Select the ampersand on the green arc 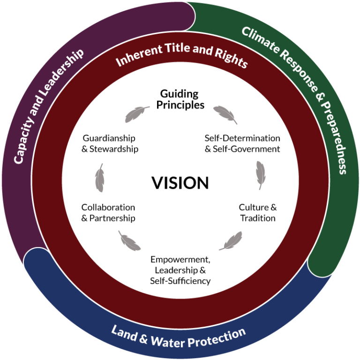pyautogui.click(x=319, y=101)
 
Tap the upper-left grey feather pyautogui.click(x=136, y=114)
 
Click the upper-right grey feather pyautogui.click(x=225, y=114)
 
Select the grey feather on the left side pyautogui.click(x=99, y=178)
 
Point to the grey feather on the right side pyautogui.click(x=261, y=175)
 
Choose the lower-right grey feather pyautogui.click(x=231, y=241)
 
